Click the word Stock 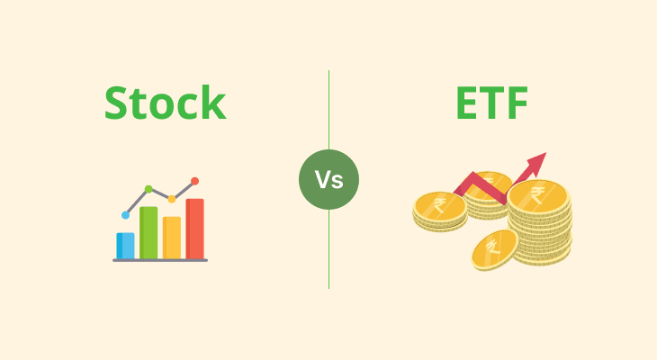(165, 103)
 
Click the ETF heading (491, 103)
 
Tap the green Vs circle (328, 180)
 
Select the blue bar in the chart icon (125, 245)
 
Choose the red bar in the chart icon (195, 229)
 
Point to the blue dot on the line (125, 215)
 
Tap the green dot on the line (148, 189)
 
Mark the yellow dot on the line (172, 199)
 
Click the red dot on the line (195, 181)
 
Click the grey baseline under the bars (160, 260)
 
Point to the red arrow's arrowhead (537, 163)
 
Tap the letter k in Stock (213, 103)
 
